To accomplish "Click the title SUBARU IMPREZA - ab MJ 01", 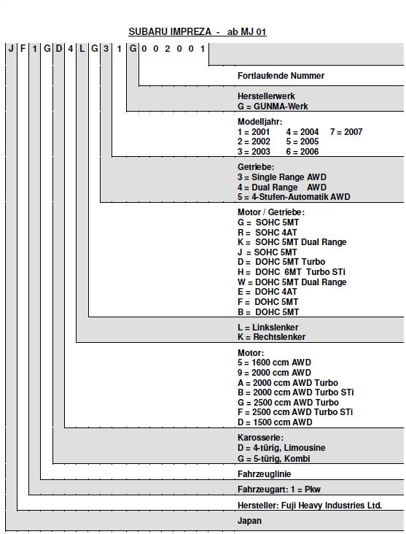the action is click(x=198, y=31).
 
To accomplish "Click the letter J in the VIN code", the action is click(x=11, y=49).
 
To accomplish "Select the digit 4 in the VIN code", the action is click(x=71, y=49).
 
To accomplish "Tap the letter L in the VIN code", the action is click(x=82, y=49).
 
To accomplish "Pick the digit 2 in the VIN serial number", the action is click(x=168, y=49).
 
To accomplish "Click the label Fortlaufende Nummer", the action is click(x=281, y=76).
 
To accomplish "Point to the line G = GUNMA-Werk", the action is click(x=273, y=107).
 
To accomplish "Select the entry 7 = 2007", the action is click(x=346, y=132).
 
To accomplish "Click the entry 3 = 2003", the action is click(x=254, y=152).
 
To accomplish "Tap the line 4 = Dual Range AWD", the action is click(x=282, y=187).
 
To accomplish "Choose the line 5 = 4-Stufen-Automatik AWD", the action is click(x=294, y=197).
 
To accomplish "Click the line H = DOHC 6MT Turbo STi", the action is click(x=292, y=272).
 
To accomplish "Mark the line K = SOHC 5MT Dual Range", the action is click(x=292, y=242).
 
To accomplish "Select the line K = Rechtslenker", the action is click(x=271, y=337).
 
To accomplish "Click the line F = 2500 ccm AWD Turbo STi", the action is click(x=295, y=412).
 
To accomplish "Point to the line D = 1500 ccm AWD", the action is click(x=275, y=422).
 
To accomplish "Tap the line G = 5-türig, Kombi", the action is click(x=273, y=458).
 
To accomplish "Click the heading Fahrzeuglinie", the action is click(x=264, y=474).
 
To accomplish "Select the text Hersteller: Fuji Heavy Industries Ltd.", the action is click(x=310, y=506).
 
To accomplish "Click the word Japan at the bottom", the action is click(x=249, y=521).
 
